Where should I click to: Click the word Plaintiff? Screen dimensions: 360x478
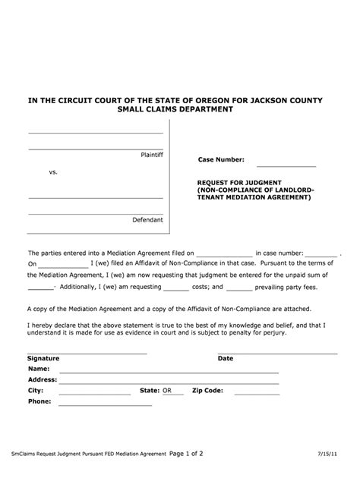pos(152,155)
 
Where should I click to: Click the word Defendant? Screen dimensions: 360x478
pos(148,220)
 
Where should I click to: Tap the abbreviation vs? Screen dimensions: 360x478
pos(53,172)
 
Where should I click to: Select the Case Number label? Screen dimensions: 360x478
pos(221,160)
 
